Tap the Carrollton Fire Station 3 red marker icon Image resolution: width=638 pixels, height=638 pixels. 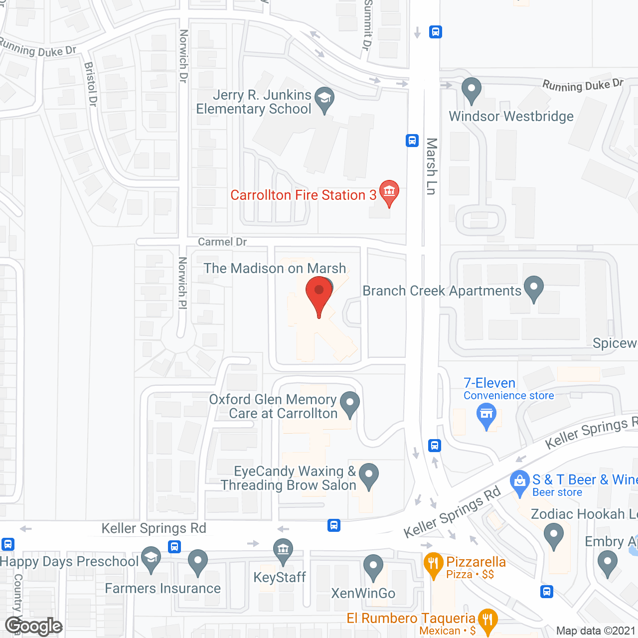pos(389,191)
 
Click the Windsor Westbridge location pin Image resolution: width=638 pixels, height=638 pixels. pos(471,90)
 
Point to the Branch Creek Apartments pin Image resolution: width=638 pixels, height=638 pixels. pos(534,288)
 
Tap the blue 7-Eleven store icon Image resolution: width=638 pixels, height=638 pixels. pos(486,415)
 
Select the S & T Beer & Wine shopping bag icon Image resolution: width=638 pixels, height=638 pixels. pos(519,482)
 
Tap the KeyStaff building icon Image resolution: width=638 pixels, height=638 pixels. pos(283,550)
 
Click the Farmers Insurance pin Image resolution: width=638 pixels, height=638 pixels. pos(198,561)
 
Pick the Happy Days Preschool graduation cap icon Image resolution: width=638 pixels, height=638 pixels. pos(151,559)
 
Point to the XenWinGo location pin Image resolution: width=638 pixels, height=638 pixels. pos(373,567)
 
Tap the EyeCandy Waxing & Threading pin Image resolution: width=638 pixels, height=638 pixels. pos(368,475)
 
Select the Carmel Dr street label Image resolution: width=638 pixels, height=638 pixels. pos(222,242)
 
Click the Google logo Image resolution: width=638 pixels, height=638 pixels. pos(34,626)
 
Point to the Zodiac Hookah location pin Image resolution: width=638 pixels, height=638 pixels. pos(553,535)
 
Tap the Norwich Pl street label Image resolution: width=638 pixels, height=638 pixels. pos(182,283)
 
